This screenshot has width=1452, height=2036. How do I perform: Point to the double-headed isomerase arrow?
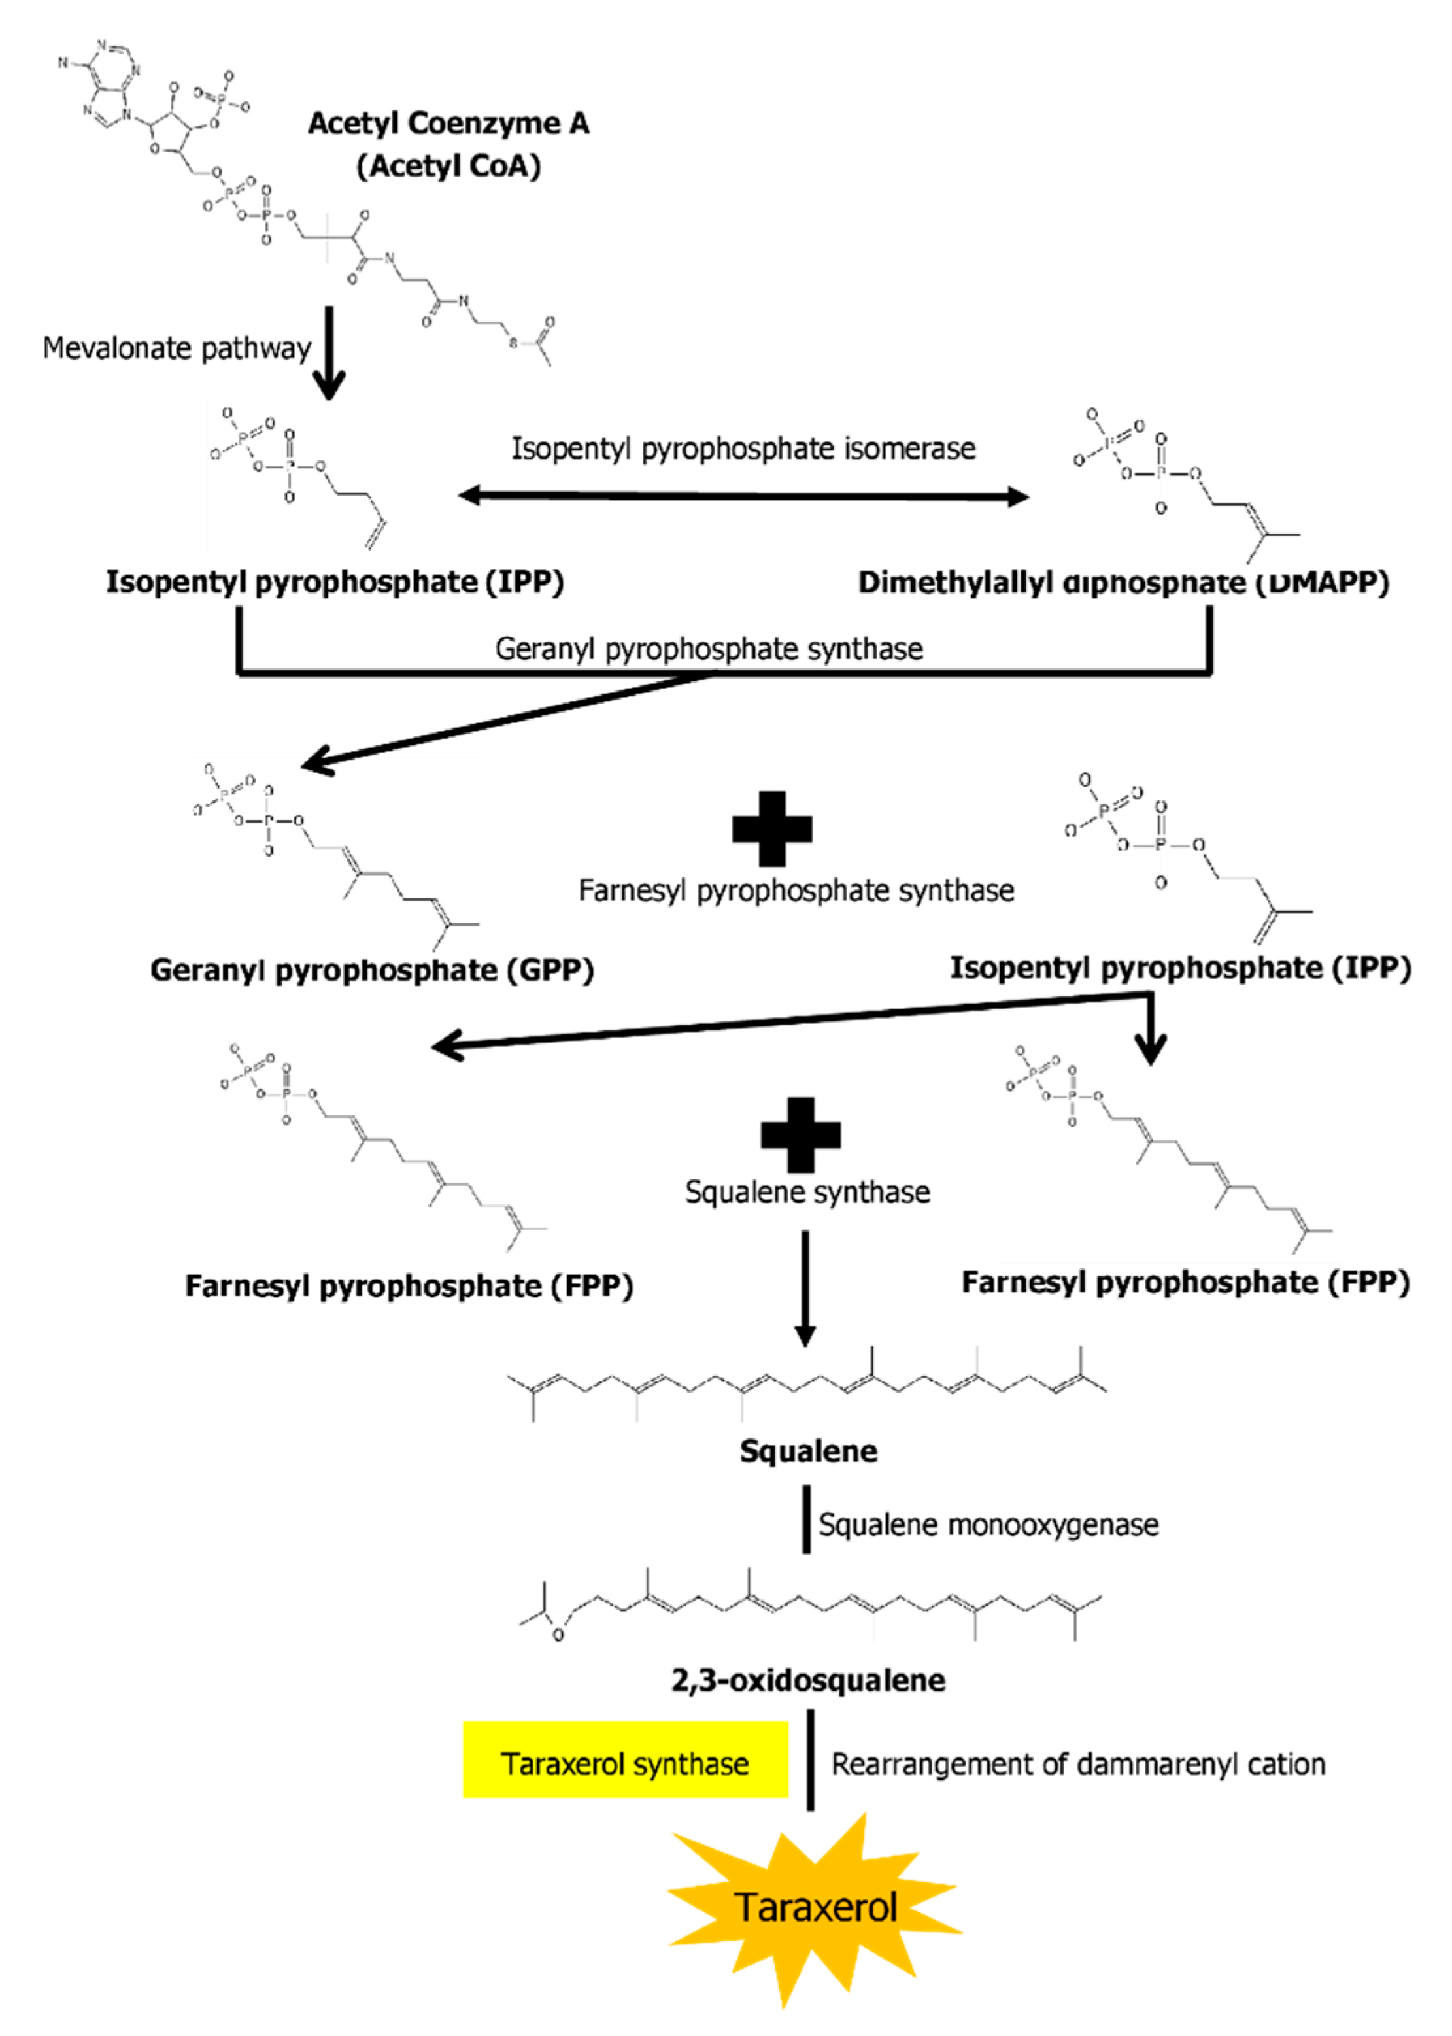click(x=743, y=496)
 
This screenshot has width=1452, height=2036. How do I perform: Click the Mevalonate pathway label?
click(x=176, y=348)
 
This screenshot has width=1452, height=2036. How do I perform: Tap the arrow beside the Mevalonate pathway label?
click(x=329, y=353)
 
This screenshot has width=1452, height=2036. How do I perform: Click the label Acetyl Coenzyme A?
click(x=448, y=122)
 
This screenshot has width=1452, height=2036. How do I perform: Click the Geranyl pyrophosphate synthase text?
click(x=709, y=649)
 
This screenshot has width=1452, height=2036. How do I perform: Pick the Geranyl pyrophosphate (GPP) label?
click(x=372, y=970)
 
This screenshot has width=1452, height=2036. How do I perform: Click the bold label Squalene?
click(x=807, y=1450)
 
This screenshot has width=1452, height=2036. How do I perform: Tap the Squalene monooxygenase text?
click(x=988, y=1525)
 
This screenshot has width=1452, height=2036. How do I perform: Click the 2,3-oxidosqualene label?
click(x=807, y=1680)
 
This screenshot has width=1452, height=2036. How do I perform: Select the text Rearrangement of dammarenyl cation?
click(x=1077, y=1764)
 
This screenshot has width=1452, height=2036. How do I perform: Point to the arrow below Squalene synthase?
click(x=805, y=1287)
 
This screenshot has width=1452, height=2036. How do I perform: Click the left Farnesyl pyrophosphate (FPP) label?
click(x=409, y=1286)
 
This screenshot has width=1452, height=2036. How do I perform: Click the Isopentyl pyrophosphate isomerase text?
click(x=743, y=448)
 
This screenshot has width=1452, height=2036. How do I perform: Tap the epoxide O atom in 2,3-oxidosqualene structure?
click(x=558, y=1635)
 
